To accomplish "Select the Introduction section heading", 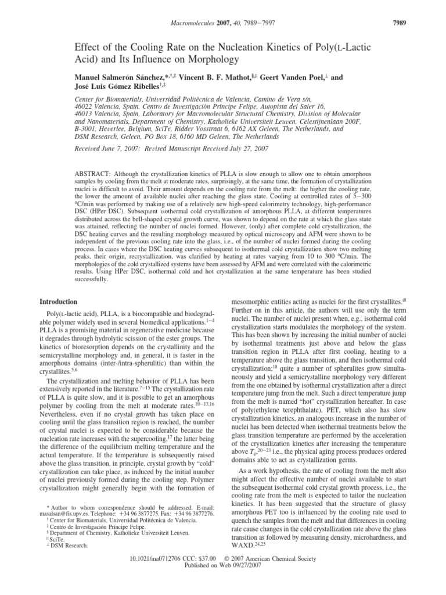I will coord(58,302).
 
